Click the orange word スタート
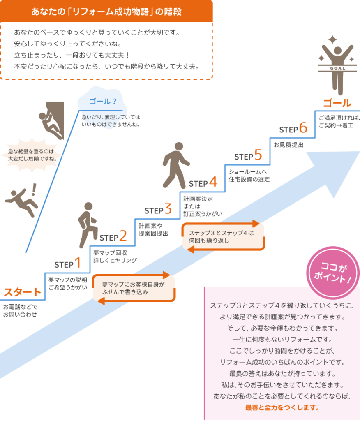pyautogui.click(x=23, y=292)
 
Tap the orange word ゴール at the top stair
pyautogui.click(x=337, y=103)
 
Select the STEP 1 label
pyautogui.click(x=67, y=263)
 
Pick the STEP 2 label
pyautogui.click(x=113, y=237)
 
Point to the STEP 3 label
pyautogui.click(x=158, y=210)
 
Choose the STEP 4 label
pyautogui.click(x=203, y=182)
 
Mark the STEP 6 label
pyautogui.click(x=293, y=129)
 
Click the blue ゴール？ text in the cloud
pyautogui.click(x=103, y=101)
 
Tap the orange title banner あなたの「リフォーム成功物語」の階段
pyautogui.click(x=106, y=11)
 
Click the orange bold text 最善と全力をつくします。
pyautogui.click(x=282, y=407)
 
